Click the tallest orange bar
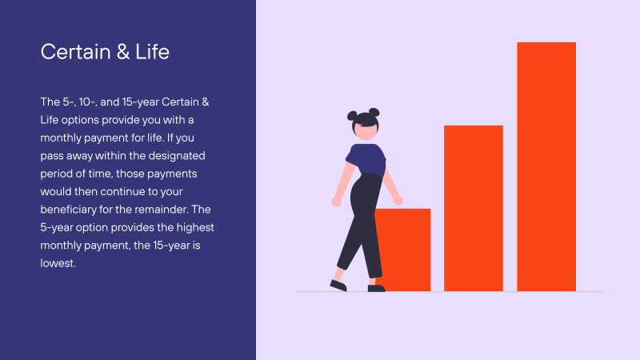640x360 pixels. point(546,166)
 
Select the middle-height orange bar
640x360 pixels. point(474,208)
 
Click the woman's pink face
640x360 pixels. point(366,130)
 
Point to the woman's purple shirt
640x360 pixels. point(366,159)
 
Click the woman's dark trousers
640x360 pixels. point(362,225)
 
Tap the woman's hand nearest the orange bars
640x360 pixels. point(398,200)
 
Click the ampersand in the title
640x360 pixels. point(123,52)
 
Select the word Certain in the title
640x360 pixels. point(75,52)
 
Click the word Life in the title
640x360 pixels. point(152,52)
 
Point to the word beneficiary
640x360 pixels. point(68,210)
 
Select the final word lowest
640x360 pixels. point(58,263)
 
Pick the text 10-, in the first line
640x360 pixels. point(88,102)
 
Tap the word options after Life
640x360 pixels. point(80,121)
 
